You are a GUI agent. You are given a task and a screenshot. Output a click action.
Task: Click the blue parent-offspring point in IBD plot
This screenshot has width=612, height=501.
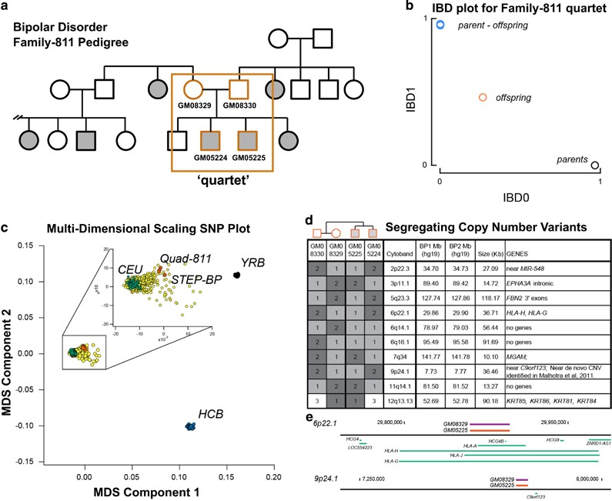pos(440,25)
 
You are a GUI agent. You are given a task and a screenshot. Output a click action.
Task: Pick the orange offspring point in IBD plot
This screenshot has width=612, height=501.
pos(482,98)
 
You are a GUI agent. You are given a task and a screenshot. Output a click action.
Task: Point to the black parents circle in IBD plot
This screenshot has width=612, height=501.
pos(594,165)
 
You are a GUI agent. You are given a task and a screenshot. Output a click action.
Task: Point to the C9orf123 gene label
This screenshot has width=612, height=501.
pos(537,496)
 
